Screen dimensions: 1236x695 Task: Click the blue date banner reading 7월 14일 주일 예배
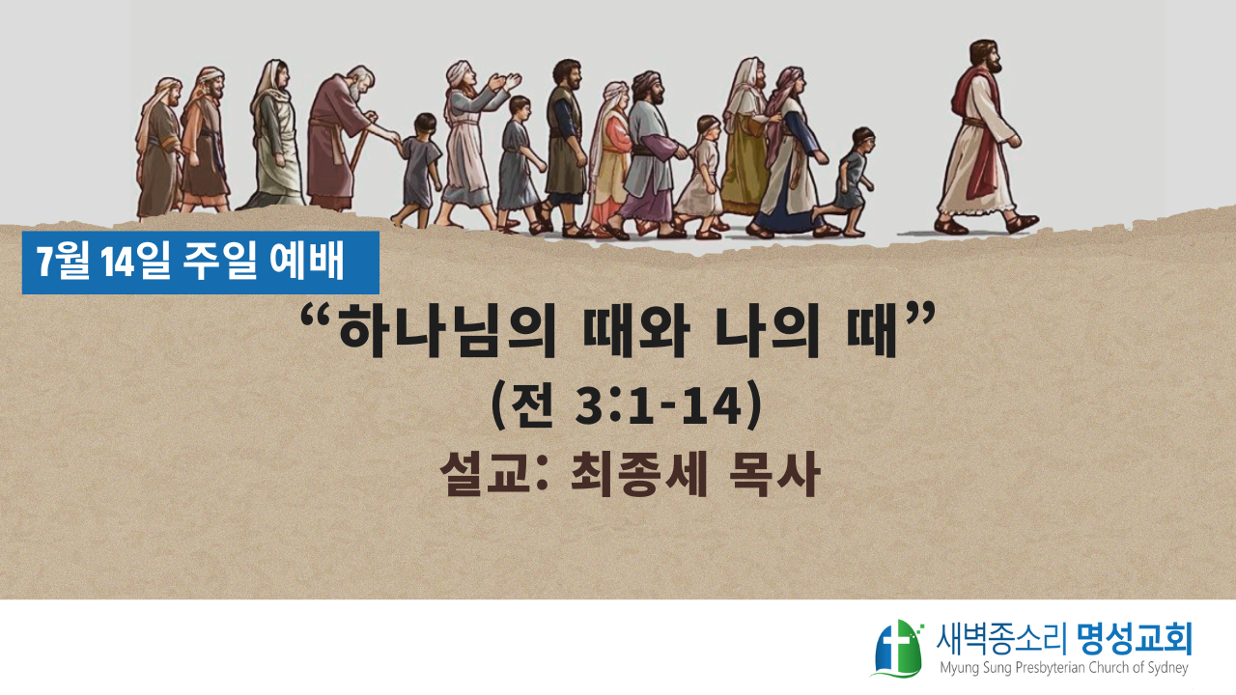(x=200, y=263)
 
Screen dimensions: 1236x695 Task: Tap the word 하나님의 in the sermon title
(x=447, y=333)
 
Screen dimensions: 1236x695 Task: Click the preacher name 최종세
(x=638, y=474)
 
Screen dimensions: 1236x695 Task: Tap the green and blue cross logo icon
(x=898, y=649)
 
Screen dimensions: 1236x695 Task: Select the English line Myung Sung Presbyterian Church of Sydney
(x=1064, y=668)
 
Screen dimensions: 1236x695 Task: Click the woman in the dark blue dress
(x=790, y=153)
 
